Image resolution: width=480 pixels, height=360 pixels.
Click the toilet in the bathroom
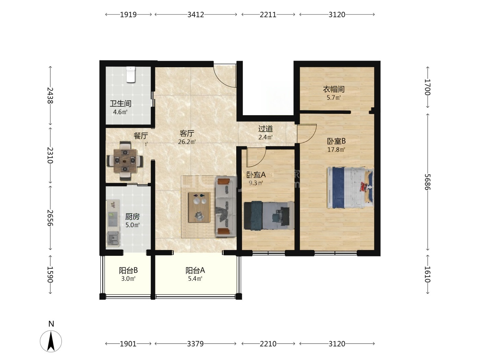tap(131, 75)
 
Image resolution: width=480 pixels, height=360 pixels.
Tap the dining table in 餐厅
tap(125, 161)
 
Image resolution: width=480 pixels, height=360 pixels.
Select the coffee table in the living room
tap(199, 207)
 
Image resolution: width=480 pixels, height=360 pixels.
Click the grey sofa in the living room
tap(226, 207)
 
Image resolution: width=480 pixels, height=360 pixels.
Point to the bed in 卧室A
tap(269, 216)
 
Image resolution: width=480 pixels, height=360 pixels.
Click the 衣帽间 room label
tap(334, 89)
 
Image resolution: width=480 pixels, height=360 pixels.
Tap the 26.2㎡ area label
tap(187, 142)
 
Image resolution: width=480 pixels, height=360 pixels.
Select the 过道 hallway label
tap(265, 129)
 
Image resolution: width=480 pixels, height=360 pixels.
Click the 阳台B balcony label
tap(128, 271)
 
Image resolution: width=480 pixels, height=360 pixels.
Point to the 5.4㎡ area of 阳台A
tap(195, 279)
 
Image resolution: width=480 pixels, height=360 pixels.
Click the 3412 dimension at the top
tap(196, 14)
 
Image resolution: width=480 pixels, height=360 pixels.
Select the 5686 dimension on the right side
tap(428, 182)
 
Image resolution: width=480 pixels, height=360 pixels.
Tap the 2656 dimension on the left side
tap(50, 218)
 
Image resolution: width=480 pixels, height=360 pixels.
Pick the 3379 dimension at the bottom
tap(195, 344)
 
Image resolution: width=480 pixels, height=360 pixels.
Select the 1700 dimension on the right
tap(428, 87)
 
